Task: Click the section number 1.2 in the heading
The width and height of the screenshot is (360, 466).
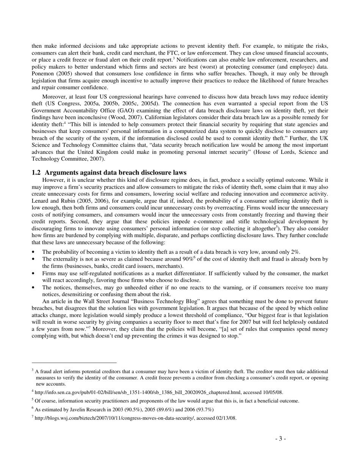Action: click(x=36, y=172)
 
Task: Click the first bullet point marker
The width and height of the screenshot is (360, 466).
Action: click(x=34, y=252)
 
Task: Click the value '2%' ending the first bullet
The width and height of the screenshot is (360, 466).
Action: click(x=295, y=252)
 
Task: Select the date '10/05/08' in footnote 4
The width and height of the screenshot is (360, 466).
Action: click(x=272, y=393)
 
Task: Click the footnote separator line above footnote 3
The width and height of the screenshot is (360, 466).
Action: click(x=74, y=363)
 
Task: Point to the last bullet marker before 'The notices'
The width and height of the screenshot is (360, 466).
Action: click(x=34, y=288)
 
